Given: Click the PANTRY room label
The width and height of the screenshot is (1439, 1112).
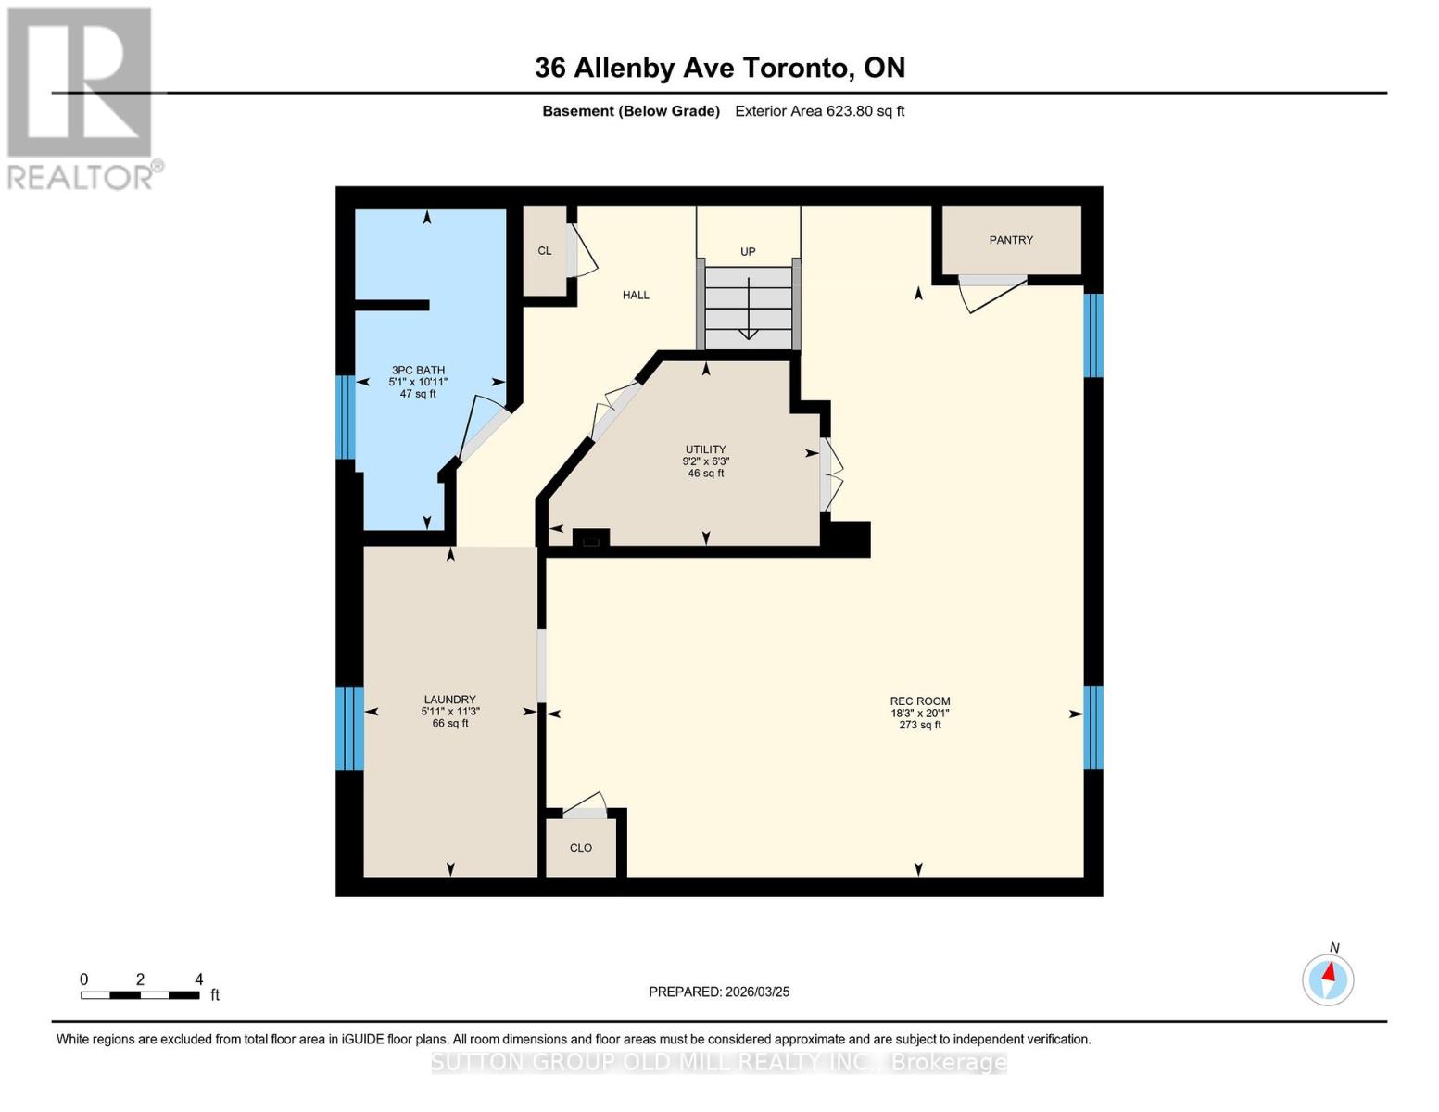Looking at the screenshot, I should tap(1011, 240).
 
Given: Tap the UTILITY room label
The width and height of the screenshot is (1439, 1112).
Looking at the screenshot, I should tap(706, 449).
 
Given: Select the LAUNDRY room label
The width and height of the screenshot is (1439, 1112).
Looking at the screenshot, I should tap(450, 700).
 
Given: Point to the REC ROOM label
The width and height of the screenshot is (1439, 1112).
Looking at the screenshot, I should tap(920, 701).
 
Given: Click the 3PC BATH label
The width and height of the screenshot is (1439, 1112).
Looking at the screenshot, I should tap(418, 371).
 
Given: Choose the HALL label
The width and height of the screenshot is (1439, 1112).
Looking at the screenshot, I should tap(636, 296).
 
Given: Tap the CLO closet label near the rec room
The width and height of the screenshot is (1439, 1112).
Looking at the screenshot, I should tap(581, 848).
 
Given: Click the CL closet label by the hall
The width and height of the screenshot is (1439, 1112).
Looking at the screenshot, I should tap(545, 251).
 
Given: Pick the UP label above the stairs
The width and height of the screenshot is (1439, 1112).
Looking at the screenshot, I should tap(748, 252).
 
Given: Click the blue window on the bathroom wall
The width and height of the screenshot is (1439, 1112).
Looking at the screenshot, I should tap(345, 417).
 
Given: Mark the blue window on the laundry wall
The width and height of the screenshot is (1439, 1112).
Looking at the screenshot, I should tap(348, 728).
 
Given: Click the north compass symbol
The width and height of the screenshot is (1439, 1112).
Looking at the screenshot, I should tap(1328, 979).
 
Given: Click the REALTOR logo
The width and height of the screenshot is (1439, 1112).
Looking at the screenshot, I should tap(81, 97).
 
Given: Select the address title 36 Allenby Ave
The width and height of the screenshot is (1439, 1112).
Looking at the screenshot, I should tap(719, 68).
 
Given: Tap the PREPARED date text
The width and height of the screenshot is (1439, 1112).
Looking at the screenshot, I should tap(719, 992).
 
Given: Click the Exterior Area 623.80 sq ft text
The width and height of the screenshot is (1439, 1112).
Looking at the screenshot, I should tap(819, 111).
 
